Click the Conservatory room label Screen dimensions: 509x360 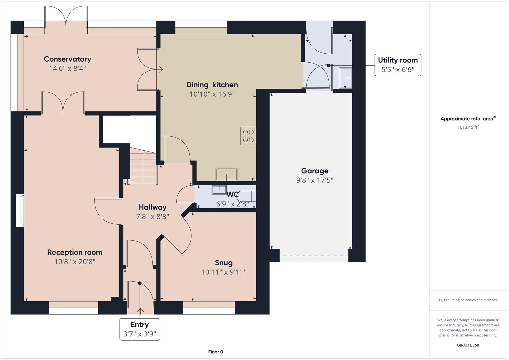pyautogui.click(x=67, y=59)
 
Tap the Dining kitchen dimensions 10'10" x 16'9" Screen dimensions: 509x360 pyautogui.click(x=212, y=94)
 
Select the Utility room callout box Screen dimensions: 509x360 pyautogui.click(x=398, y=65)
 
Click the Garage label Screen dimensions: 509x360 pyautogui.click(x=315, y=171)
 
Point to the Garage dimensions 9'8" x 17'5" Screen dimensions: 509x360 pyautogui.click(x=315, y=180)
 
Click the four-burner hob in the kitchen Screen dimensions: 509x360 pyautogui.click(x=248, y=136)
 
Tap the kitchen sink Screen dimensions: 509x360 pyautogui.click(x=226, y=174)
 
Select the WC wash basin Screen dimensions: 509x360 pyautogui.click(x=219, y=190)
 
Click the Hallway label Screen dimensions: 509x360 pyautogui.click(x=152, y=207)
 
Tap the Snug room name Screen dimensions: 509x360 pyautogui.click(x=224, y=263)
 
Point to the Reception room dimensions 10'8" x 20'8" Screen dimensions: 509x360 pyautogui.click(x=75, y=262)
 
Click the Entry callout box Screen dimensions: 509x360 pyautogui.click(x=140, y=329)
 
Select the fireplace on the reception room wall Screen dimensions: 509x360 pyautogui.click(x=20, y=210)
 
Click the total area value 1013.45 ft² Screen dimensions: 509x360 pyautogui.click(x=468, y=127)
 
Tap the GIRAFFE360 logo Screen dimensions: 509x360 pyautogui.click(x=468, y=345)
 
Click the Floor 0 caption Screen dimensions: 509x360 pyautogui.click(x=216, y=352)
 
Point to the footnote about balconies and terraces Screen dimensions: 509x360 pyautogui.click(x=468, y=300)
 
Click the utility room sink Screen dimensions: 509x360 pyautogui.click(x=345, y=78)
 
